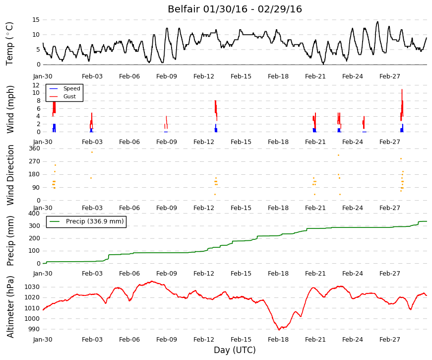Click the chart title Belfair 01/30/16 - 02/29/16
click(235, 9)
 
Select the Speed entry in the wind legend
click(71, 88)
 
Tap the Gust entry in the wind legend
click(69, 96)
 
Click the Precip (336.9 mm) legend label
click(95, 221)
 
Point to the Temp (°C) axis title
click(9, 44)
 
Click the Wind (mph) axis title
click(10, 109)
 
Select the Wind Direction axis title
click(10, 175)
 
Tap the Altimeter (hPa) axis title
click(10, 306)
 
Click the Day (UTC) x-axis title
click(235, 350)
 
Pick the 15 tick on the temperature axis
click(36, 19)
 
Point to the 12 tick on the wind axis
click(36, 85)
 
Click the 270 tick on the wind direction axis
click(35, 161)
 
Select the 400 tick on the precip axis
click(34, 213)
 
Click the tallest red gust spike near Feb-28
click(402, 89)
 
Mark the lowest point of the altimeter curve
click(279, 330)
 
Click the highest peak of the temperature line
click(377, 21)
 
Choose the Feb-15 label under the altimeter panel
click(241, 340)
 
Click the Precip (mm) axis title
click(10, 241)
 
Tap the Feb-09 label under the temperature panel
click(167, 76)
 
